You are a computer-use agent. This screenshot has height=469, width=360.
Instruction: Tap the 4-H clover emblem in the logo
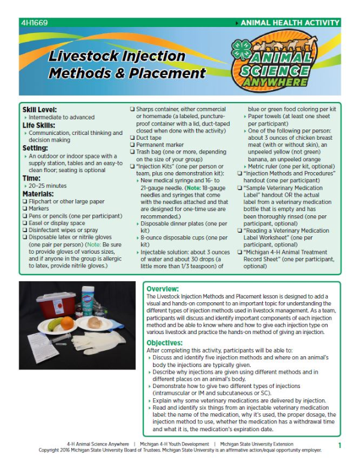pos(242,49)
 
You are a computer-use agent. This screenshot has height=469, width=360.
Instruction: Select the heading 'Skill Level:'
pos(40,110)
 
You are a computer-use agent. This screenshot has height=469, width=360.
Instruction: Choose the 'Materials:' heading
pos(39,194)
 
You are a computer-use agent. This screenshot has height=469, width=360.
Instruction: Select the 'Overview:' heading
pos(163,288)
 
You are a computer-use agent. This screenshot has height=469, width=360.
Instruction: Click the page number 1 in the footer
pos(340,446)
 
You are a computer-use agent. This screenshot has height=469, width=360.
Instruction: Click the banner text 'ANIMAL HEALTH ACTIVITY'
pos(290,23)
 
